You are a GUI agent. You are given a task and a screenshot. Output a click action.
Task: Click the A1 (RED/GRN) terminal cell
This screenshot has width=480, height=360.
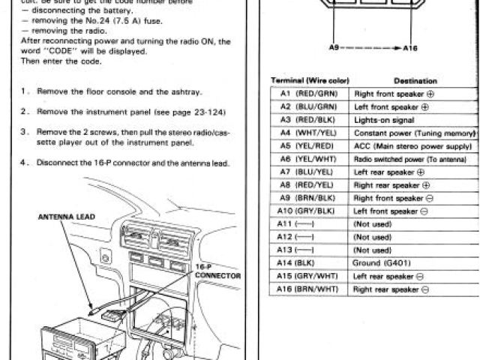[x=309, y=94]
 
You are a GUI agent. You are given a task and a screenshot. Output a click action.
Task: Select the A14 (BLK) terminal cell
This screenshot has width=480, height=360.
[x=309, y=263]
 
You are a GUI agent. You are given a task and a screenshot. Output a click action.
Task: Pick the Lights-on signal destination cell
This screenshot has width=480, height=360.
[x=382, y=120]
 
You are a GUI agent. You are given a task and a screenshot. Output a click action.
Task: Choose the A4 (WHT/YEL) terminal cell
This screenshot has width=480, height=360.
[x=309, y=133]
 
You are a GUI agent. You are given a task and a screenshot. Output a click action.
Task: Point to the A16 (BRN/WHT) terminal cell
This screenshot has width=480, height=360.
[x=309, y=289]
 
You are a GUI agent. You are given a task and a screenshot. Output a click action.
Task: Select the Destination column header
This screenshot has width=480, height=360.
[x=415, y=80]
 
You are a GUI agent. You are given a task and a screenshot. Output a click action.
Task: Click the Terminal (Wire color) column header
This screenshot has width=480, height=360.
[x=310, y=80]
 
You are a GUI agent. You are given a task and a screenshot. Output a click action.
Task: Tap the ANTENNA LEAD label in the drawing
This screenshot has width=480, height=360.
[x=66, y=217]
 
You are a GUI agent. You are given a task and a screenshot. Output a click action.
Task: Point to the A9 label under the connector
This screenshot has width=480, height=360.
[x=335, y=47]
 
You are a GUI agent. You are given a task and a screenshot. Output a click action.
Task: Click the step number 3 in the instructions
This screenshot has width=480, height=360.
[x=25, y=130]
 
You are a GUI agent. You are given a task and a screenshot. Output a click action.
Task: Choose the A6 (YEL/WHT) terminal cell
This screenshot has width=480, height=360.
[x=309, y=159]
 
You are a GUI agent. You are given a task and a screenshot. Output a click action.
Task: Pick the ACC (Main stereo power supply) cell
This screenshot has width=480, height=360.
[x=412, y=146]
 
